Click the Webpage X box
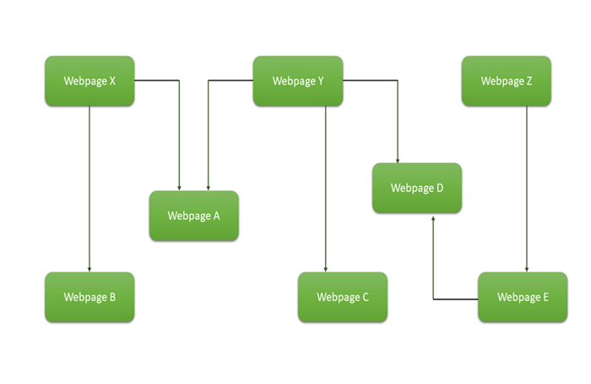click(89, 81)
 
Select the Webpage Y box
click(298, 81)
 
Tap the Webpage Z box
click(507, 81)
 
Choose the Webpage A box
click(193, 216)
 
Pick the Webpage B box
click(89, 297)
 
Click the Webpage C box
click(343, 297)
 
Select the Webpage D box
click(417, 188)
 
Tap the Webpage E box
click(523, 297)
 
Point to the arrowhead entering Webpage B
click(89, 269)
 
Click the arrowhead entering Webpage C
click(326, 269)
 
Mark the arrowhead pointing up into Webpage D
click(434, 217)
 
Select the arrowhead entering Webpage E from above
click(527, 269)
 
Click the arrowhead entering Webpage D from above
click(398, 160)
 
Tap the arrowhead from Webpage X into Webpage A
click(179, 188)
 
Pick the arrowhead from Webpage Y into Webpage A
click(209, 188)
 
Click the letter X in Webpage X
click(113, 81)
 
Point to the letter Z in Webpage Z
click(529, 81)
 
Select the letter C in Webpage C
click(365, 297)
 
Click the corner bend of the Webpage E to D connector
click(434, 299)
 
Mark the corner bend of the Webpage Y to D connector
click(398, 81)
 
